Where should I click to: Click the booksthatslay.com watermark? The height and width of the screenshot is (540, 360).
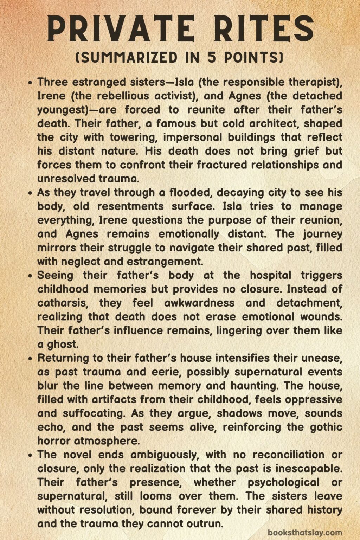(305, 533)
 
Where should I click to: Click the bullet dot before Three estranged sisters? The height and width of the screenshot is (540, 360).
(31, 83)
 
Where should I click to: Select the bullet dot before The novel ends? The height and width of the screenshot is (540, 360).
(31, 455)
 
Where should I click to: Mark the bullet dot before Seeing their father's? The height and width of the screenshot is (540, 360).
(31, 276)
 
